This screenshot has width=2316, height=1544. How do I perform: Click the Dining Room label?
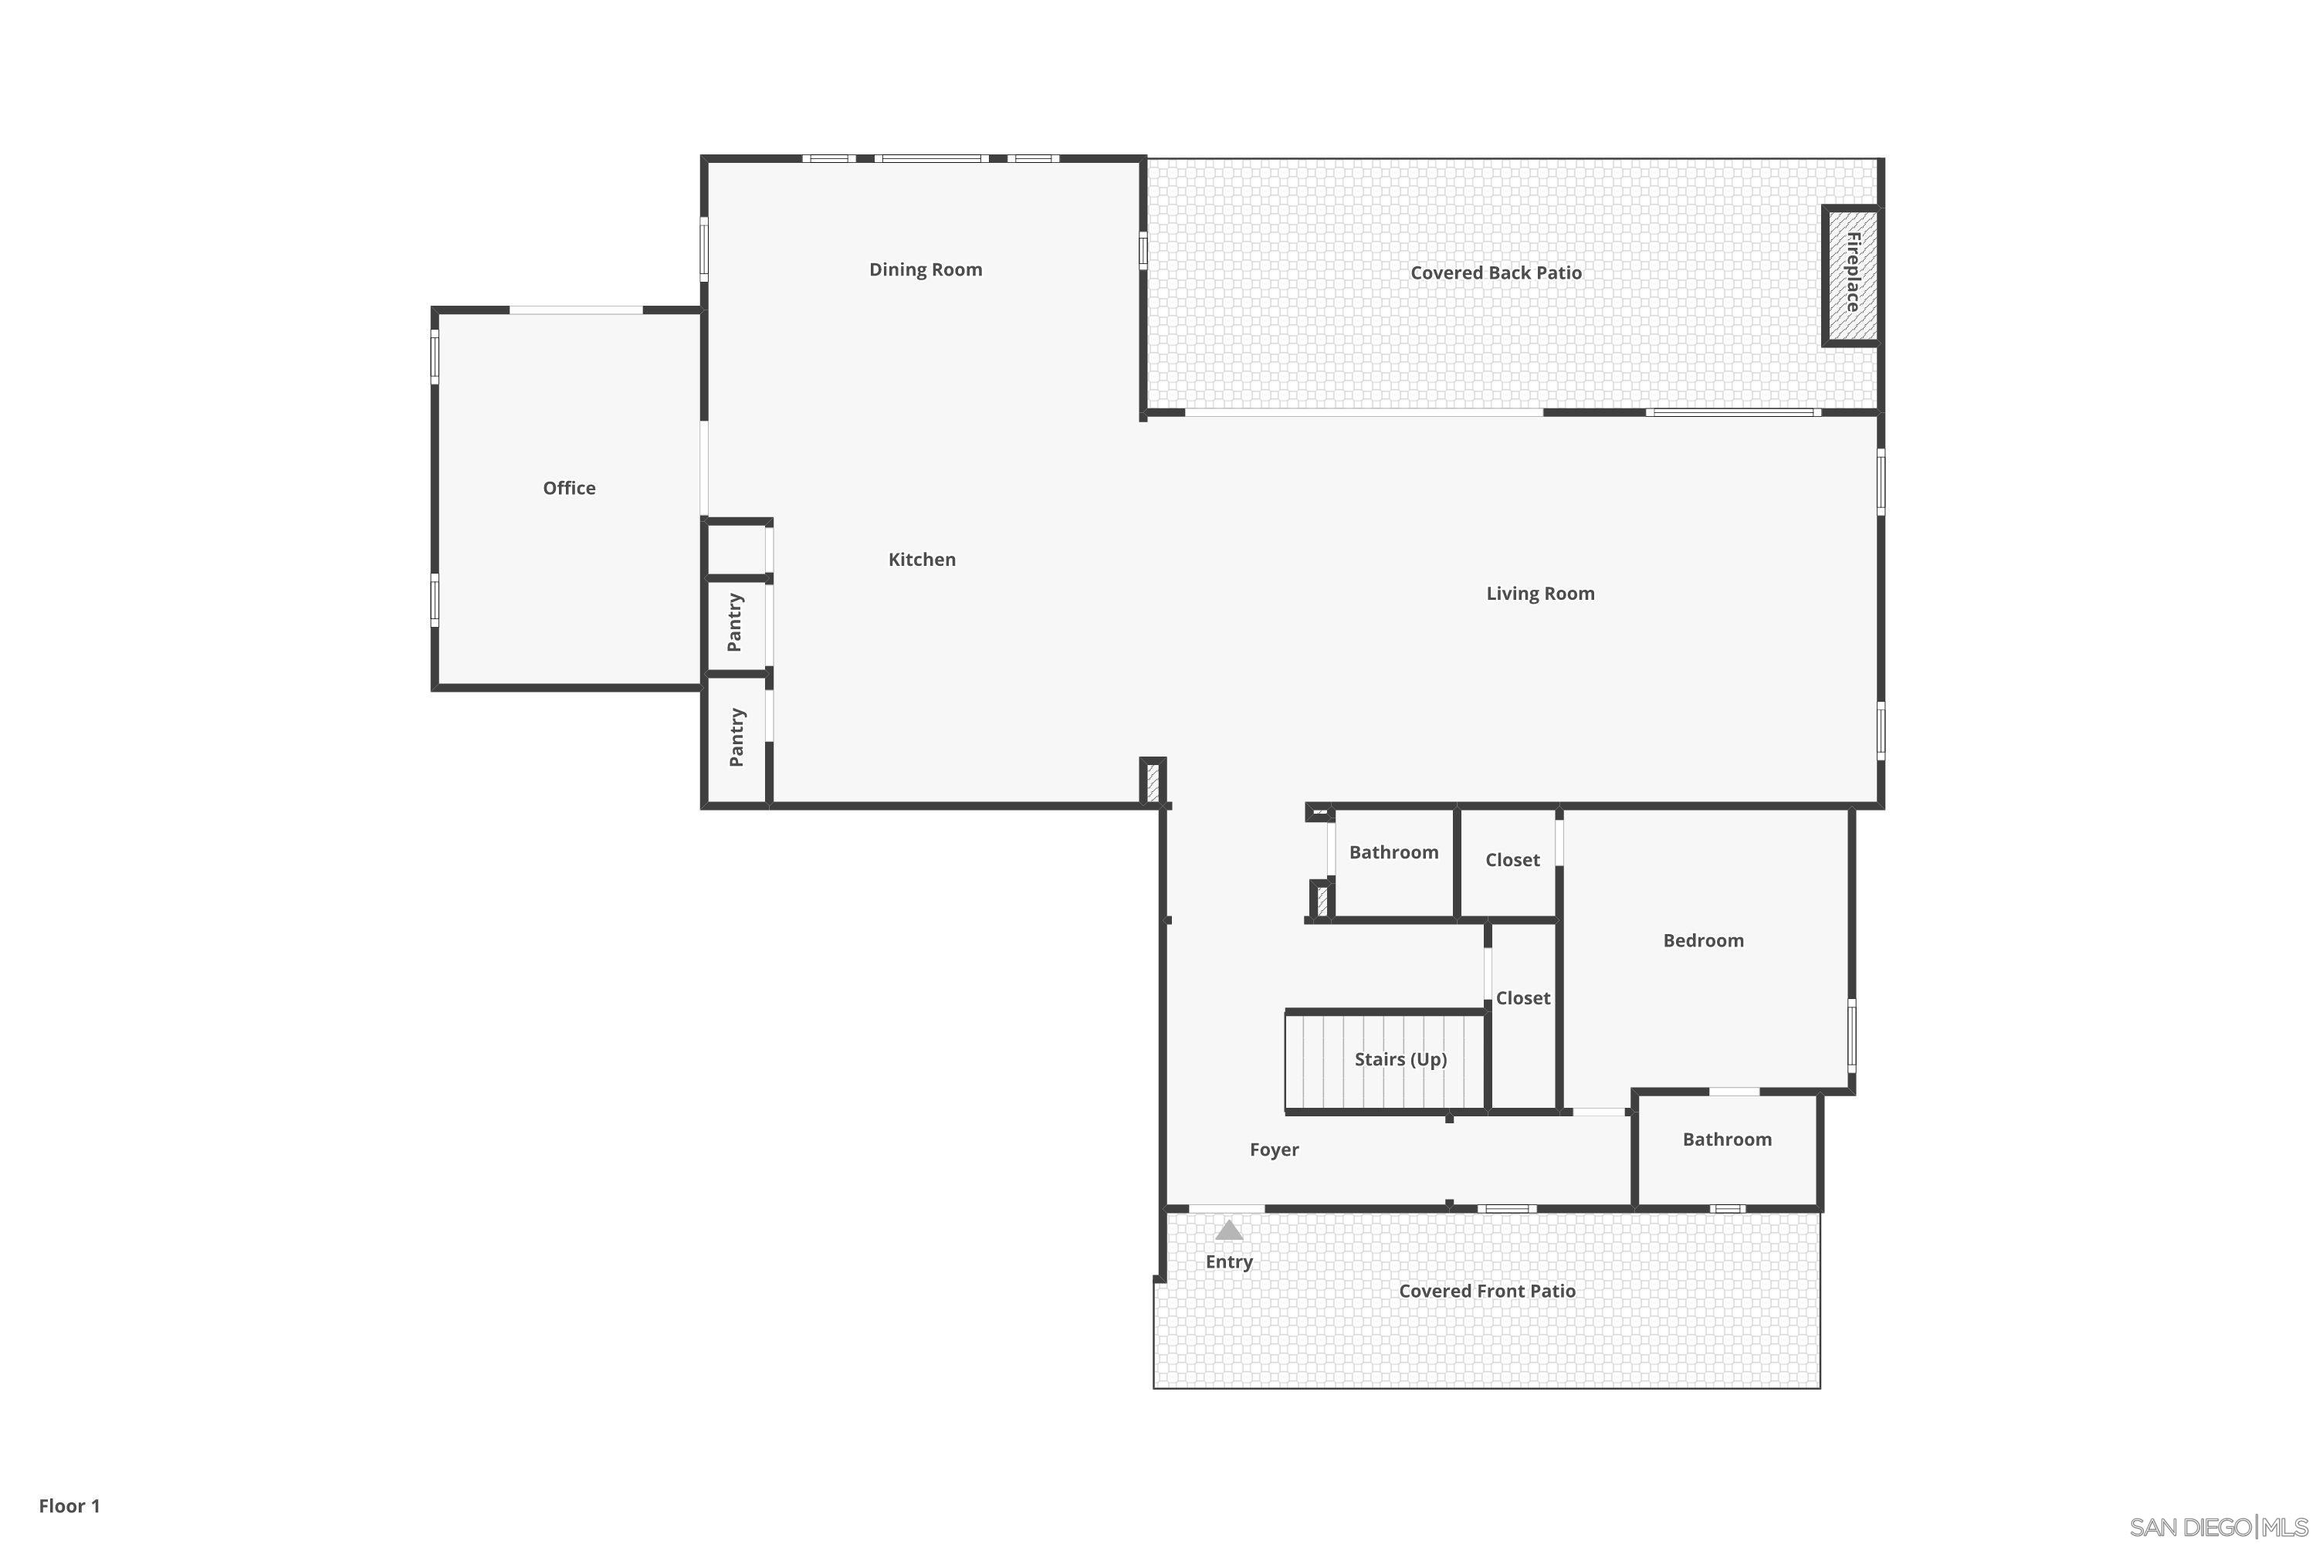click(x=926, y=269)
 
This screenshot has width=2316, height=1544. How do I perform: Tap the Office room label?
click(x=569, y=489)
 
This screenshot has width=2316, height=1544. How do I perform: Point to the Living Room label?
click(x=1540, y=594)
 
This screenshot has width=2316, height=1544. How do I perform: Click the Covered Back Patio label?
click(x=1496, y=273)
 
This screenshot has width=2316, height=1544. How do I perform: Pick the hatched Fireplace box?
click(x=1852, y=275)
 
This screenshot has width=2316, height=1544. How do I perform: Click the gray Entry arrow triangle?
click(x=1229, y=1230)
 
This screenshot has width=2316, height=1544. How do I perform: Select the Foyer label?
click(x=1275, y=1150)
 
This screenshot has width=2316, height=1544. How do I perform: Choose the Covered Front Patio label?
click(x=1487, y=1291)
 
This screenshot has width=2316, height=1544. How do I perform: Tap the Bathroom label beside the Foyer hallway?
click(x=1393, y=853)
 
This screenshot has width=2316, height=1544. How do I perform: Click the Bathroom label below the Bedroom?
click(x=1727, y=1140)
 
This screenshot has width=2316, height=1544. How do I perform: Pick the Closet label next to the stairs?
click(x=1523, y=998)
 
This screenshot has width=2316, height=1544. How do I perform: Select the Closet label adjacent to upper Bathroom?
click(x=1512, y=861)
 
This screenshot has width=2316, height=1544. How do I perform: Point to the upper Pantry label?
click(x=736, y=622)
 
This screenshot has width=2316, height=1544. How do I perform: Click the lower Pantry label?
click(x=736, y=737)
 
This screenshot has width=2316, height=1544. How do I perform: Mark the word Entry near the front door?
click(x=1229, y=1262)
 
